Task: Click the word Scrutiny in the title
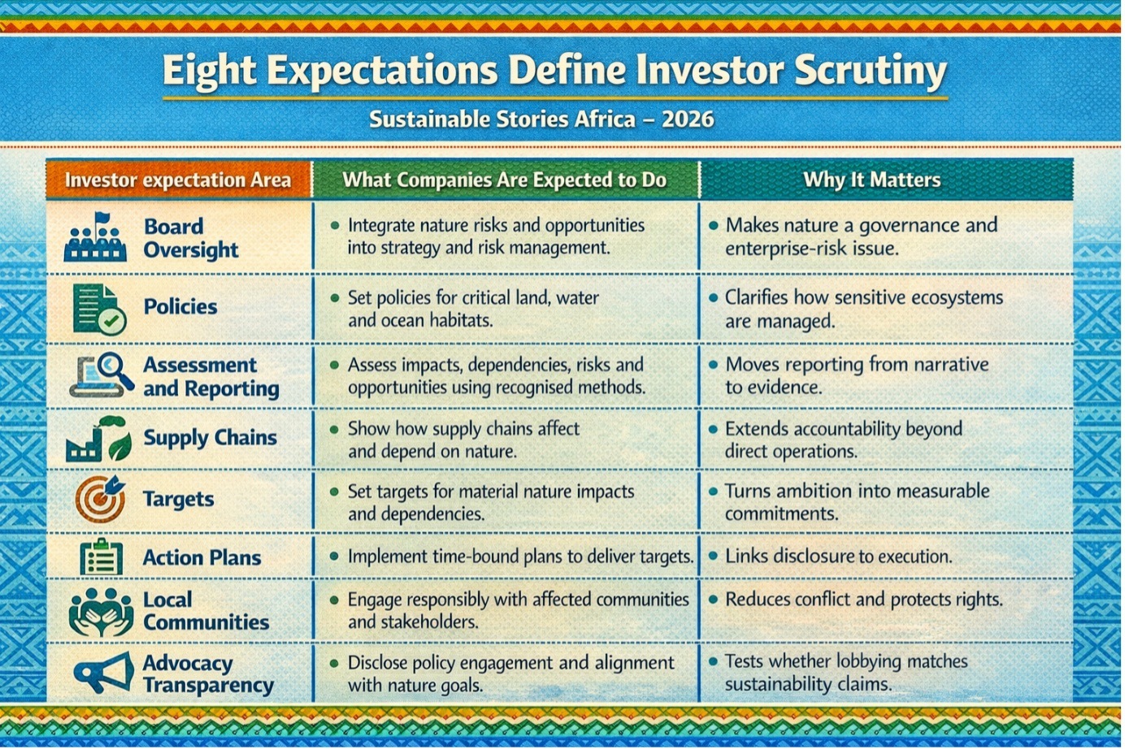871,71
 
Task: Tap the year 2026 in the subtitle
688,119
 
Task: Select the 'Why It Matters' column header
871,180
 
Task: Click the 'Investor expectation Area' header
178,180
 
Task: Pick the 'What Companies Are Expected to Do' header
504,180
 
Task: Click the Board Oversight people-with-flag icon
95,236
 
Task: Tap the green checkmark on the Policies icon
111,320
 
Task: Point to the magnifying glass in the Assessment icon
115,369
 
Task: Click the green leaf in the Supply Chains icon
120,446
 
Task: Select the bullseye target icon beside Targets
100,499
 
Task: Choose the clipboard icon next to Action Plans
101,556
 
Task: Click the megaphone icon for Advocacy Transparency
103,672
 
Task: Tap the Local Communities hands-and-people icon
101,612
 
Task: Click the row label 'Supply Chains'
210,438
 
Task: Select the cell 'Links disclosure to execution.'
838,556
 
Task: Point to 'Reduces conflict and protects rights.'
864,600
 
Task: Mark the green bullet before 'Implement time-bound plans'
334,556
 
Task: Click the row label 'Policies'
180,307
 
